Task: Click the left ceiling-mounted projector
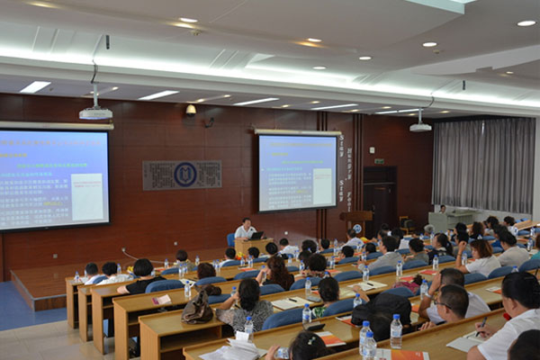tap(95, 112)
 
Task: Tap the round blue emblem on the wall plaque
tap(185, 174)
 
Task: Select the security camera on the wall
tap(191, 110)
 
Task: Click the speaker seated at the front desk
tap(244, 229)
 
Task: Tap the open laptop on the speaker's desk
tap(256, 236)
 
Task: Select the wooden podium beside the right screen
tap(357, 221)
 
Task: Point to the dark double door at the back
tap(379, 198)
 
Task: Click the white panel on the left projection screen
tap(87, 196)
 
